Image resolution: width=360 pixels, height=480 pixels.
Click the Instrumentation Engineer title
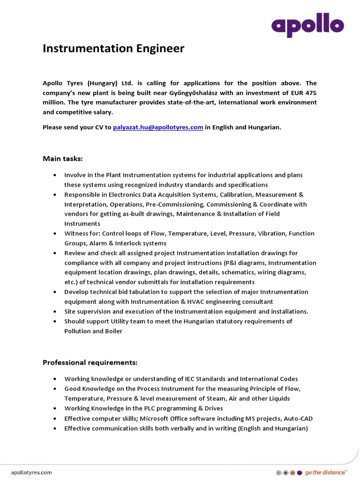(113, 48)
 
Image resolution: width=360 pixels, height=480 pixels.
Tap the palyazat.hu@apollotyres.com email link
(158, 127)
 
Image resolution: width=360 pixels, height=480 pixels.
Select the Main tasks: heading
(63, 159)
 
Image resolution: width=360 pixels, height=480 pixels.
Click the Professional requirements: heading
(90, 362)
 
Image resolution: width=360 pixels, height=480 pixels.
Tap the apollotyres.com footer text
(31, 472)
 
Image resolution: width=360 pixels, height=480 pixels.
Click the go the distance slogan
(326, 472)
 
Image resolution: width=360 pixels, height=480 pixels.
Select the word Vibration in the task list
(270, 233)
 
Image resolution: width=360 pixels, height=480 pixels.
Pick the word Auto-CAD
(297, 418)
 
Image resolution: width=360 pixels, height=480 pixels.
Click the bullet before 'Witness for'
(55, 233)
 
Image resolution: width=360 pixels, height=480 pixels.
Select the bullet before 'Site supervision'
(55, 312)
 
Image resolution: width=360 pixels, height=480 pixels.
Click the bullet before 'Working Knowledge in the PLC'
(55, 408)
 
